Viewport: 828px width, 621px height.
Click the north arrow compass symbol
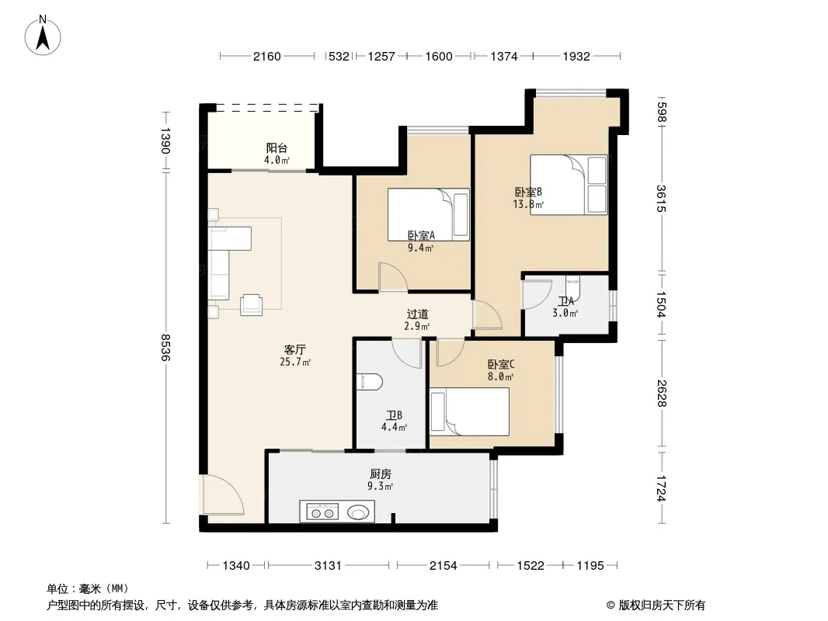43,36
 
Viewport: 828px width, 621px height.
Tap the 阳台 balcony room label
277,148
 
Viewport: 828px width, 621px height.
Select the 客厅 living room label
295,350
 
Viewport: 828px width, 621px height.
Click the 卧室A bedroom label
421,235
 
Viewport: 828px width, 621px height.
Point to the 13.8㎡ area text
528,204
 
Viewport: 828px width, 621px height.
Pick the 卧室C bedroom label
500,365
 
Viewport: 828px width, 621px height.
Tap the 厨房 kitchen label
380,474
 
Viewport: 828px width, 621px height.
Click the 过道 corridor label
417,314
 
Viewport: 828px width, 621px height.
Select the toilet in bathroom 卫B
369,382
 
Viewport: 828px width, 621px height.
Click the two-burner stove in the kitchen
322,512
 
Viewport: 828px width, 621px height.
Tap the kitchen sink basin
359,512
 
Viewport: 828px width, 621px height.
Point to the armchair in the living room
252,304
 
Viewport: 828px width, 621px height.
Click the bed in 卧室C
469,411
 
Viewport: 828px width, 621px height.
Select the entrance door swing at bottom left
222,494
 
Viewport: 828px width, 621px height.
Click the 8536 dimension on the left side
166,347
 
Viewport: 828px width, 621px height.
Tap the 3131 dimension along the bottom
328,566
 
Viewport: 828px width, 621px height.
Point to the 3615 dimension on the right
661,199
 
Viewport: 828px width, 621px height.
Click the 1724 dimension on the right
661,488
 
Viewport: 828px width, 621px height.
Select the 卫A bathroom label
565,302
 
